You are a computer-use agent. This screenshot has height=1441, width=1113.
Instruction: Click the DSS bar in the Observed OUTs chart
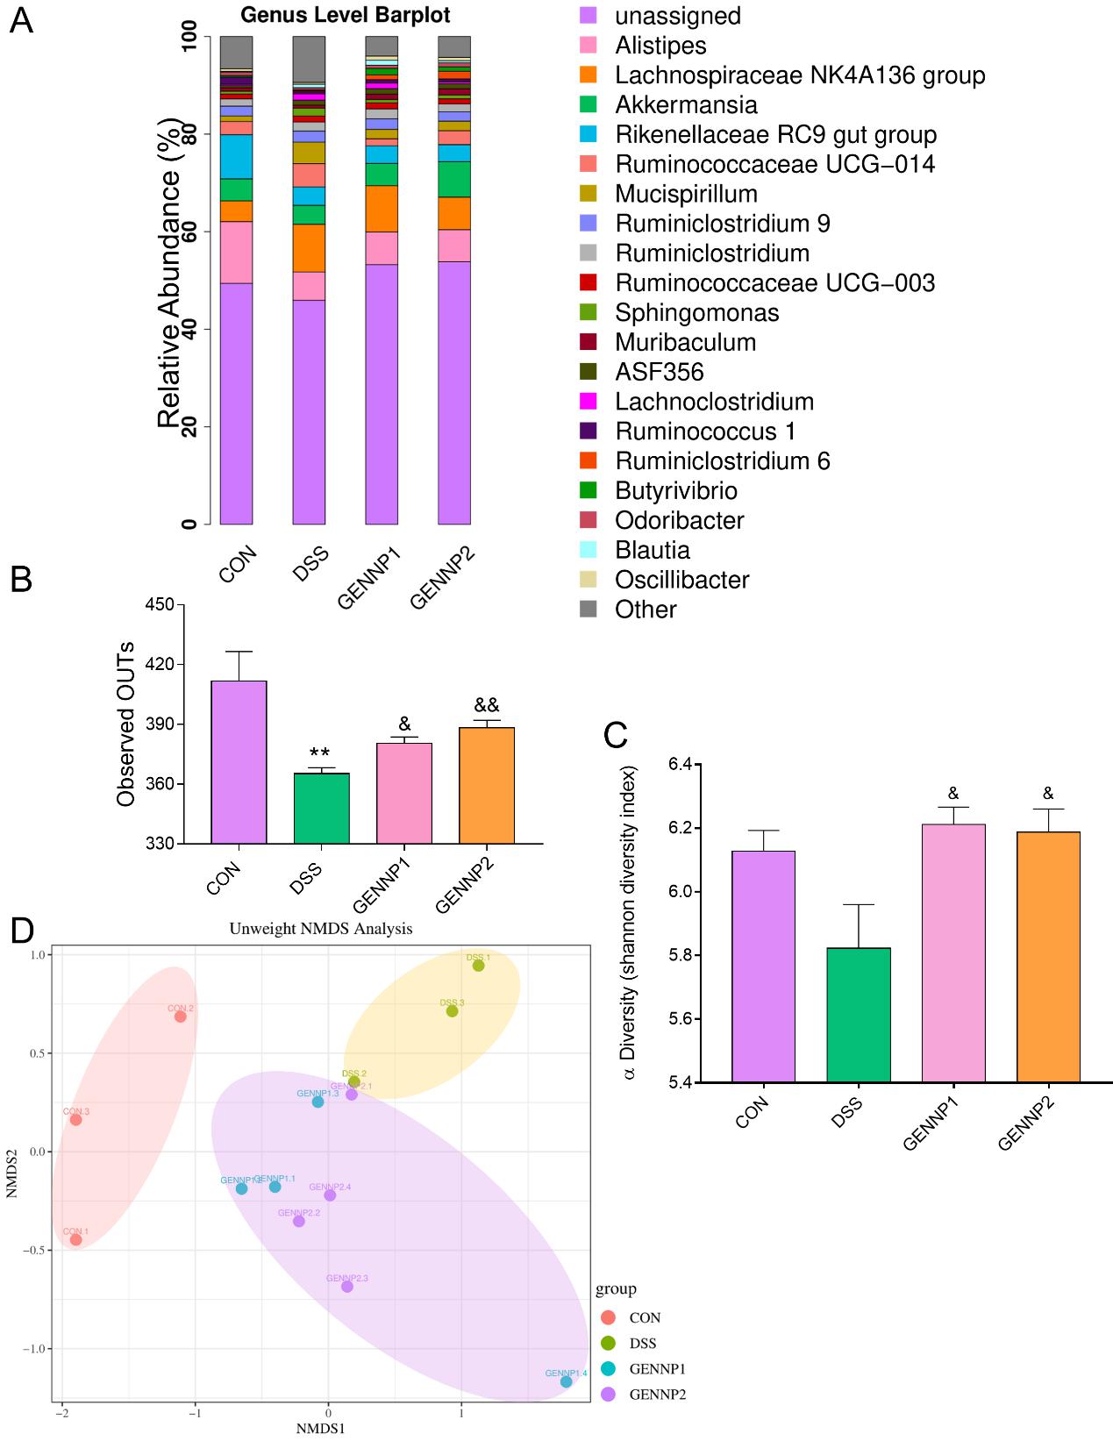tap(321, 808)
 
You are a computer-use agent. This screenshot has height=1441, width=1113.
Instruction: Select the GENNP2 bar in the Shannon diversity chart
tap(1048, 956)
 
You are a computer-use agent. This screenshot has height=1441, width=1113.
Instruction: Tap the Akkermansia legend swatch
tap(589, 105)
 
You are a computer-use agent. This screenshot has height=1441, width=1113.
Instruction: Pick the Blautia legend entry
tap(652, 551)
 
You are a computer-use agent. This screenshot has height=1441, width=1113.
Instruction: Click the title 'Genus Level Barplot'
tap(346, 16)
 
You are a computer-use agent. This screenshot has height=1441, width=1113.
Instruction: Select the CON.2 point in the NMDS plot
tap(181, 1017)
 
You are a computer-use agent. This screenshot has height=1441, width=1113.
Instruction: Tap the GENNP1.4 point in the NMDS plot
tap(567, 1382)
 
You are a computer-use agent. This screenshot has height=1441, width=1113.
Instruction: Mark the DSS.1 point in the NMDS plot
tap(479, 966)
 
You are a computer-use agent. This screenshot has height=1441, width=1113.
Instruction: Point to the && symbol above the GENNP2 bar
tap(487, 706)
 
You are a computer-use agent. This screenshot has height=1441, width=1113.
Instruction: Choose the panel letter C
tap(616, 735)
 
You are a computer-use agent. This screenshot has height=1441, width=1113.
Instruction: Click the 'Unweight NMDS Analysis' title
tap(321, 929)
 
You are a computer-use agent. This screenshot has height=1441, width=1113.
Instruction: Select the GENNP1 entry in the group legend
tap(657, 1369)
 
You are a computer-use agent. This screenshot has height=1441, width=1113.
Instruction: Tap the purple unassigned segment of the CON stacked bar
tap(237, 403)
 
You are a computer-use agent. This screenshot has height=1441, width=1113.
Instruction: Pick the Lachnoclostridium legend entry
tap(714, 403)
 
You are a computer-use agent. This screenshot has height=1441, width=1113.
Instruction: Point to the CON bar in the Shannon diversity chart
tap(763, 966)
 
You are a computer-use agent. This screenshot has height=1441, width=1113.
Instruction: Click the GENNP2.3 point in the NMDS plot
tap(347, 1287)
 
